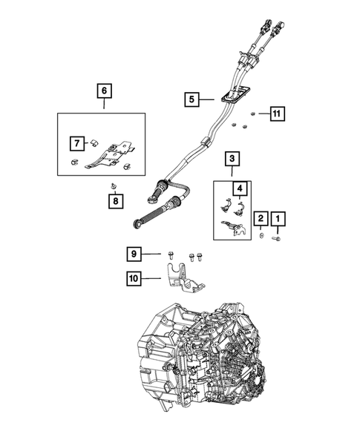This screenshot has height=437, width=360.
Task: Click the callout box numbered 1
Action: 278,219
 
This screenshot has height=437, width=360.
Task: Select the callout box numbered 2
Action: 261,219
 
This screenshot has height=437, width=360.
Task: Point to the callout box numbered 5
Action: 192,98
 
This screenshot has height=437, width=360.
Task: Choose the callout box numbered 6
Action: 104,91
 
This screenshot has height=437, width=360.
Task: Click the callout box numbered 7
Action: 76,142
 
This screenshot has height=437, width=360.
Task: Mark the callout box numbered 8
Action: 114,200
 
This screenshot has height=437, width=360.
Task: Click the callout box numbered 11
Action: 277,114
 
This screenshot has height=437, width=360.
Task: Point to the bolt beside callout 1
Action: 277,238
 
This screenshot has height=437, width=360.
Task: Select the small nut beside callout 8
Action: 113,184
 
